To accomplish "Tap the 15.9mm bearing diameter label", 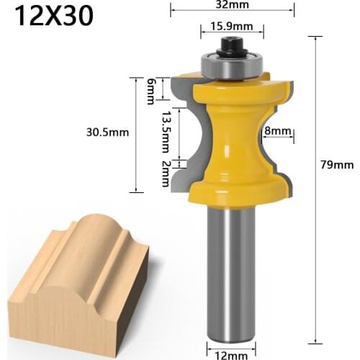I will click(231, 27).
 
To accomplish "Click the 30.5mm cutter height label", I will click(104, 132).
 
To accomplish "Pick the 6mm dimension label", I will click(151, 90).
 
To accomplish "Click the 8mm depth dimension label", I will click(276, 131).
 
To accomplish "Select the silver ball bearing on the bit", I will click(231, 65).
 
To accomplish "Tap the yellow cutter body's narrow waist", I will click(231, 133).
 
